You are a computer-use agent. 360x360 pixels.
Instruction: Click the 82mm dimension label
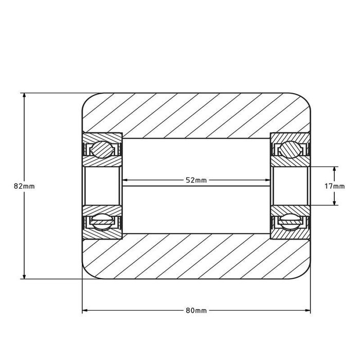click(x=25, y=186)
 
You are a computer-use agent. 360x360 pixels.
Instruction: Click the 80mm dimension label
click(x=196, y=311)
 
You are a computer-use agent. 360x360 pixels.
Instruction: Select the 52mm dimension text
click(x=196, y=180)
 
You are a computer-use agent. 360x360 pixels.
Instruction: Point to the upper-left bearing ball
click(x=101, y=150)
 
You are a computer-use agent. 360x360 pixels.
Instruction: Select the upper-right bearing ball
click(x=290, y=150)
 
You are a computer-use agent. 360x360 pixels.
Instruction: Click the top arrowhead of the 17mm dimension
click(x=335, y=169)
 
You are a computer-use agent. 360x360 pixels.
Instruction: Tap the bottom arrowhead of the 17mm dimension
click(x=335, y=202)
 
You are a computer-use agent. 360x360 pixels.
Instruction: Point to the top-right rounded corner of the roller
click(x=305, y=99)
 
